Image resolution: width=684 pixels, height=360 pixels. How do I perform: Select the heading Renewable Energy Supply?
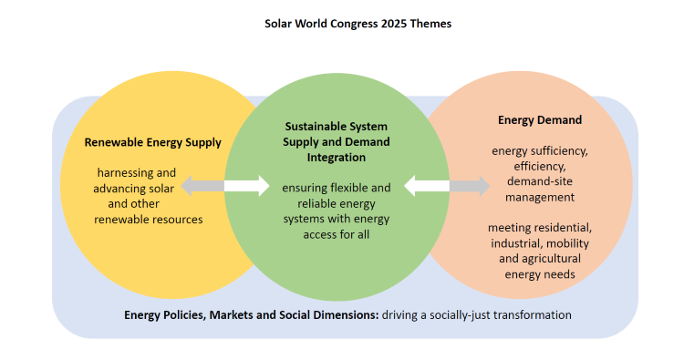click(152, 142)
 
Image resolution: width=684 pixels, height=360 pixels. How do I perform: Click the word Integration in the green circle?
click(337, 157)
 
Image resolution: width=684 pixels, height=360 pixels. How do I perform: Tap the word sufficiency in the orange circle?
click(559, 150)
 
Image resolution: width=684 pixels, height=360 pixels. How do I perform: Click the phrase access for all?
click(337, 234)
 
